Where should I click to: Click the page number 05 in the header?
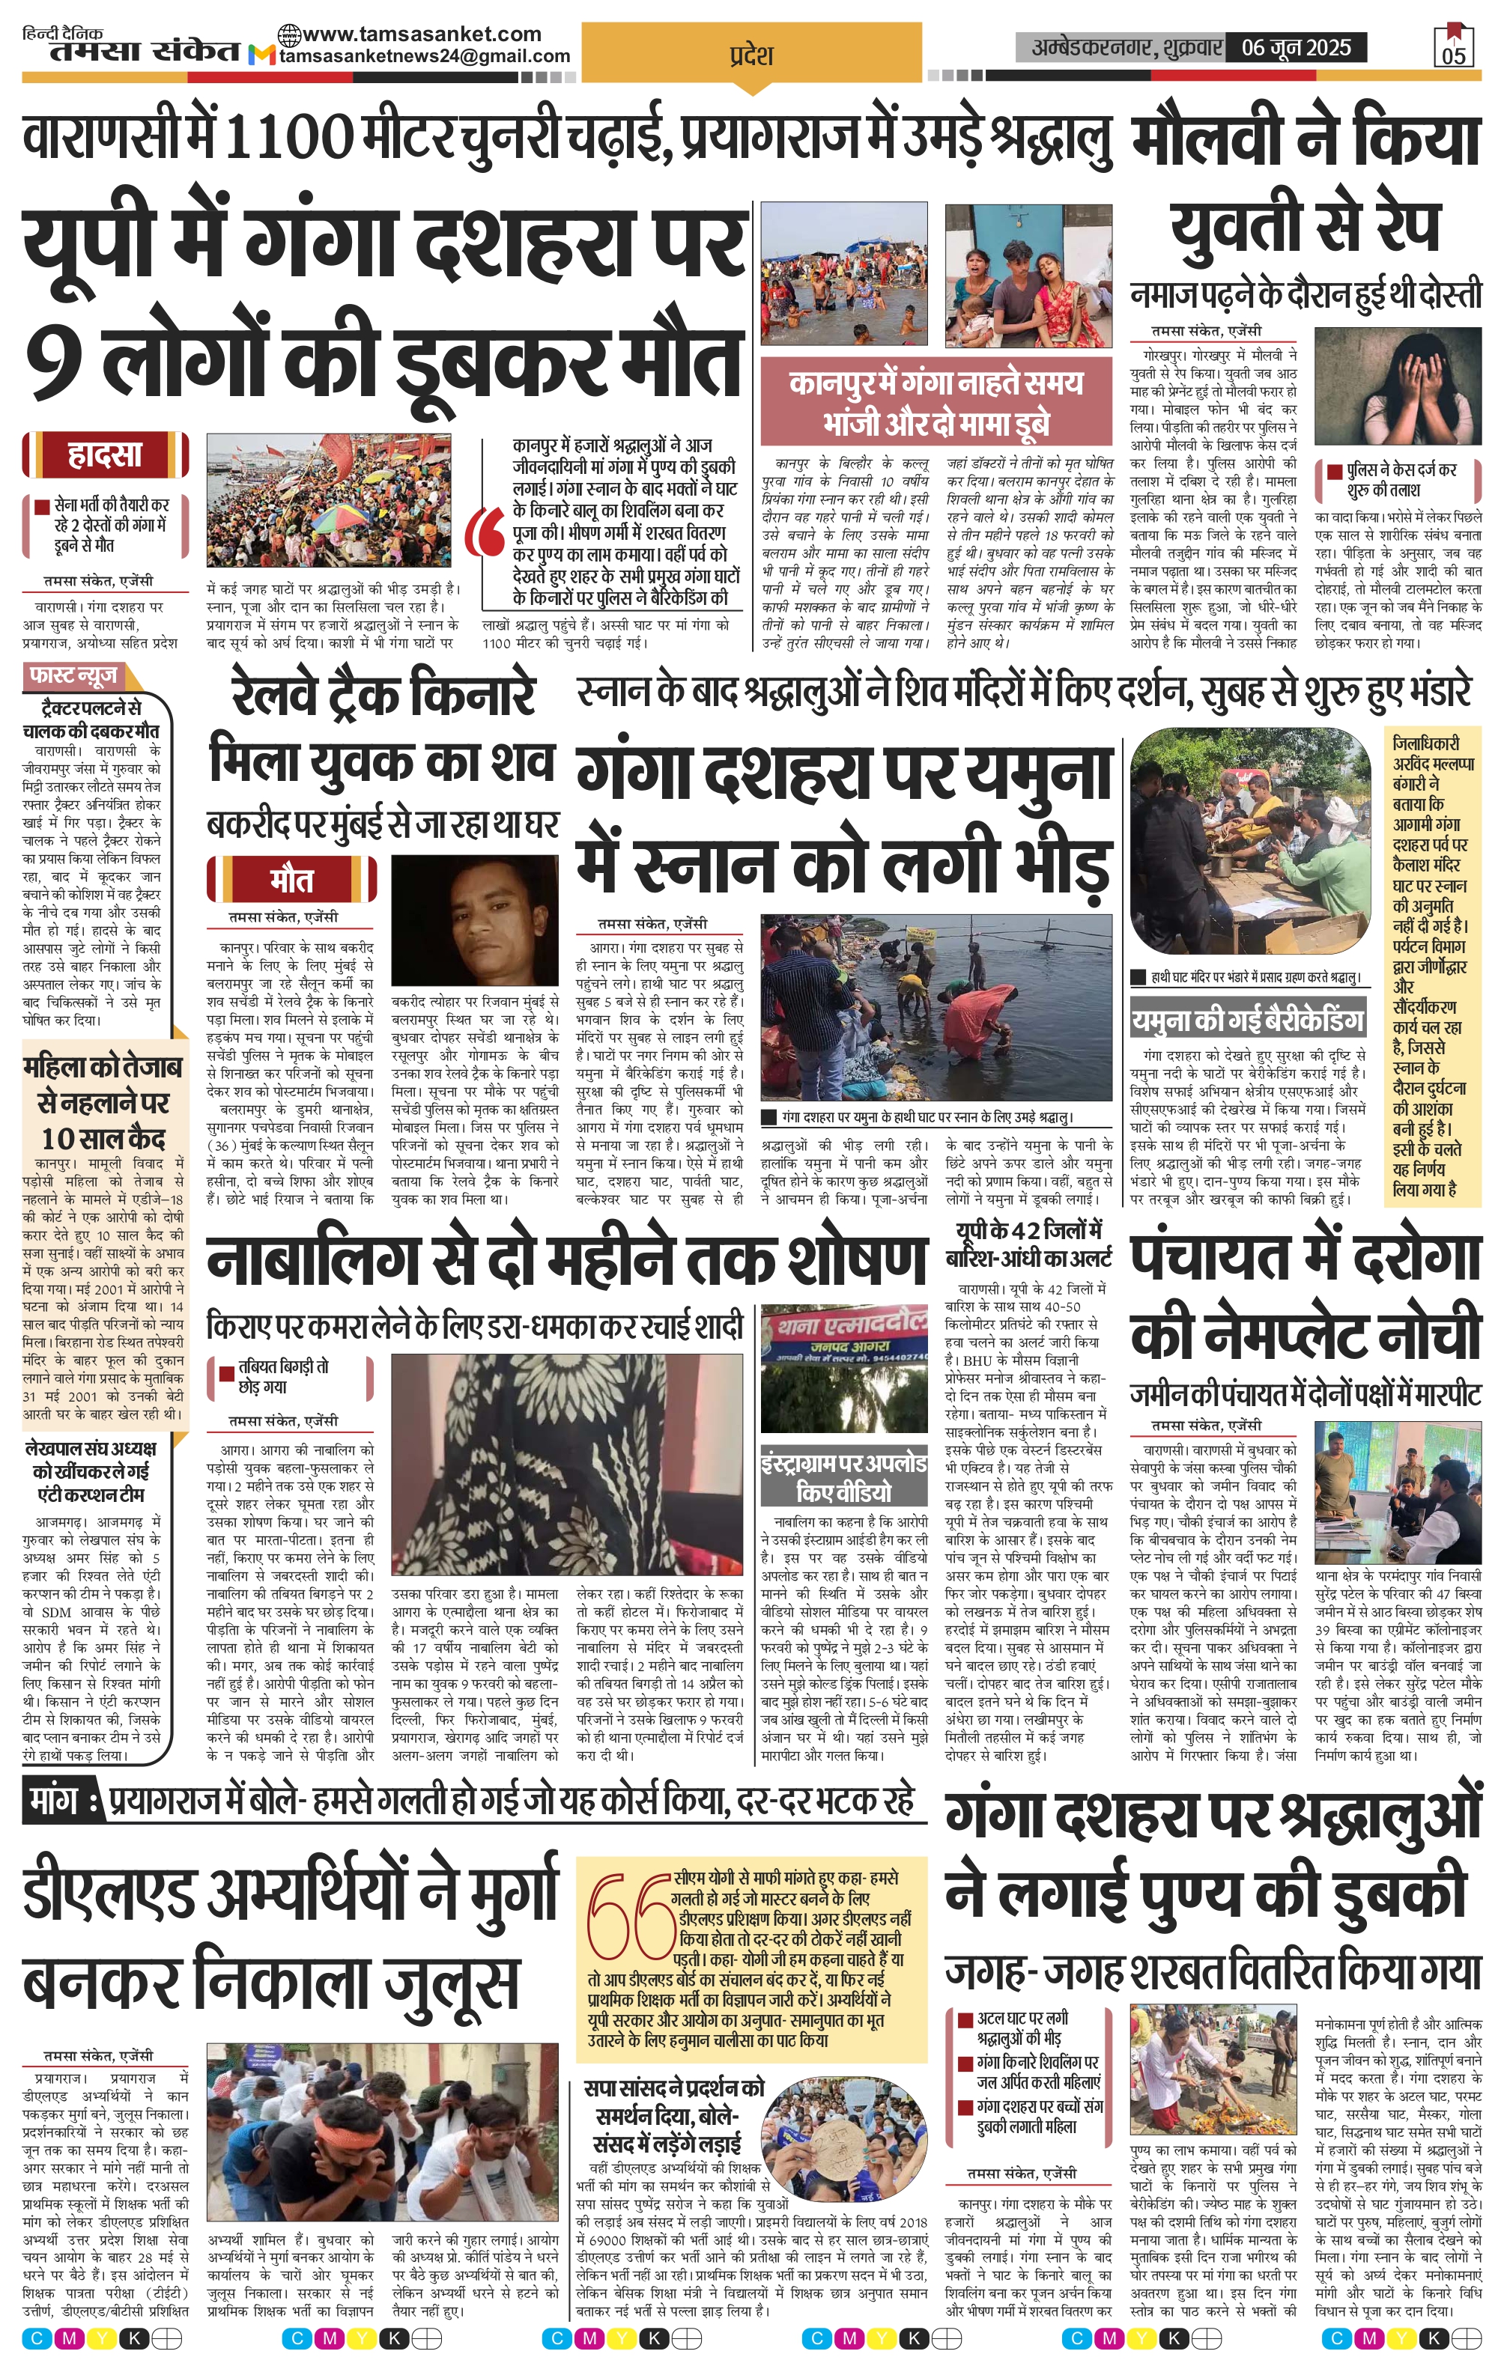(1454, 54)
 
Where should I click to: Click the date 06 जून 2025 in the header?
(1296, 47)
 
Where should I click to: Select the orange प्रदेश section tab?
(752, 56)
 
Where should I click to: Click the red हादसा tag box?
(105, 455)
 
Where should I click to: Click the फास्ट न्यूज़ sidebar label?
(73, 676)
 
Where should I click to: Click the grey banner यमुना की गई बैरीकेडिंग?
(1247, 1020)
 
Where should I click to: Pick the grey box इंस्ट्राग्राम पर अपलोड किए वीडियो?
(843, 1478)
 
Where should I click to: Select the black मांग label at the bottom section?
(57, 1800)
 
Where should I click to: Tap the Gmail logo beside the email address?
(261, 56)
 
